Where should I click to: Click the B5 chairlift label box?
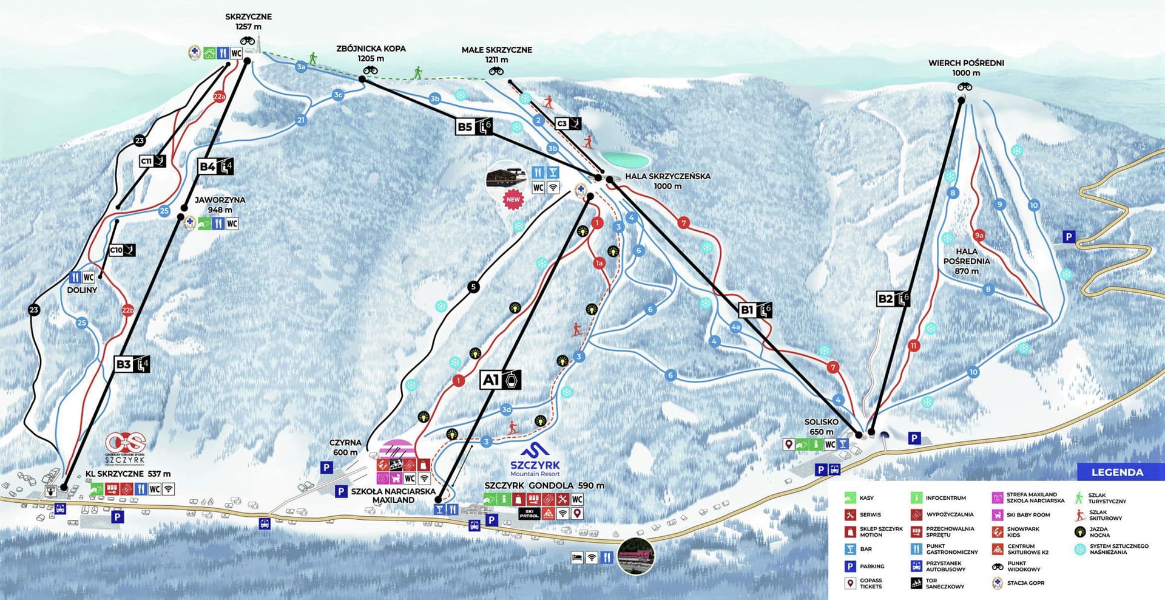point(474,126)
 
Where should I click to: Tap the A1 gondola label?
point(501,380)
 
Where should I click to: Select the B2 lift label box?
point(893,298)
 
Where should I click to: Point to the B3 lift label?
point(132,364)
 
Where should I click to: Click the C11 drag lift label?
point(152,161)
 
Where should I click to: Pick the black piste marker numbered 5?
point(473,287)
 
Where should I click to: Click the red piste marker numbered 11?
point(913,346)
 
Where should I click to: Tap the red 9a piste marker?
point(979,235)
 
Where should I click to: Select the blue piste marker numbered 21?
point(301,120)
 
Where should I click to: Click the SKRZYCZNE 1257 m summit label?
point(249,22)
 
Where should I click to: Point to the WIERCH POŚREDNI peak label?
point(966,67)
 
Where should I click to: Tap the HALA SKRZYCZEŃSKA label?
point(667,180)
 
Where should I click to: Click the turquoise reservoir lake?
point(626,160)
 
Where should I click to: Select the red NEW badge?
point(513,199)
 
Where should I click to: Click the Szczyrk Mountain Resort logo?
point(535,460)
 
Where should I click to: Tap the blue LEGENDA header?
point(1117,472)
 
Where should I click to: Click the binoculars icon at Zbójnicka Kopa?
point(370,70)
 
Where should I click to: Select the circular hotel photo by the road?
point(636,555)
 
